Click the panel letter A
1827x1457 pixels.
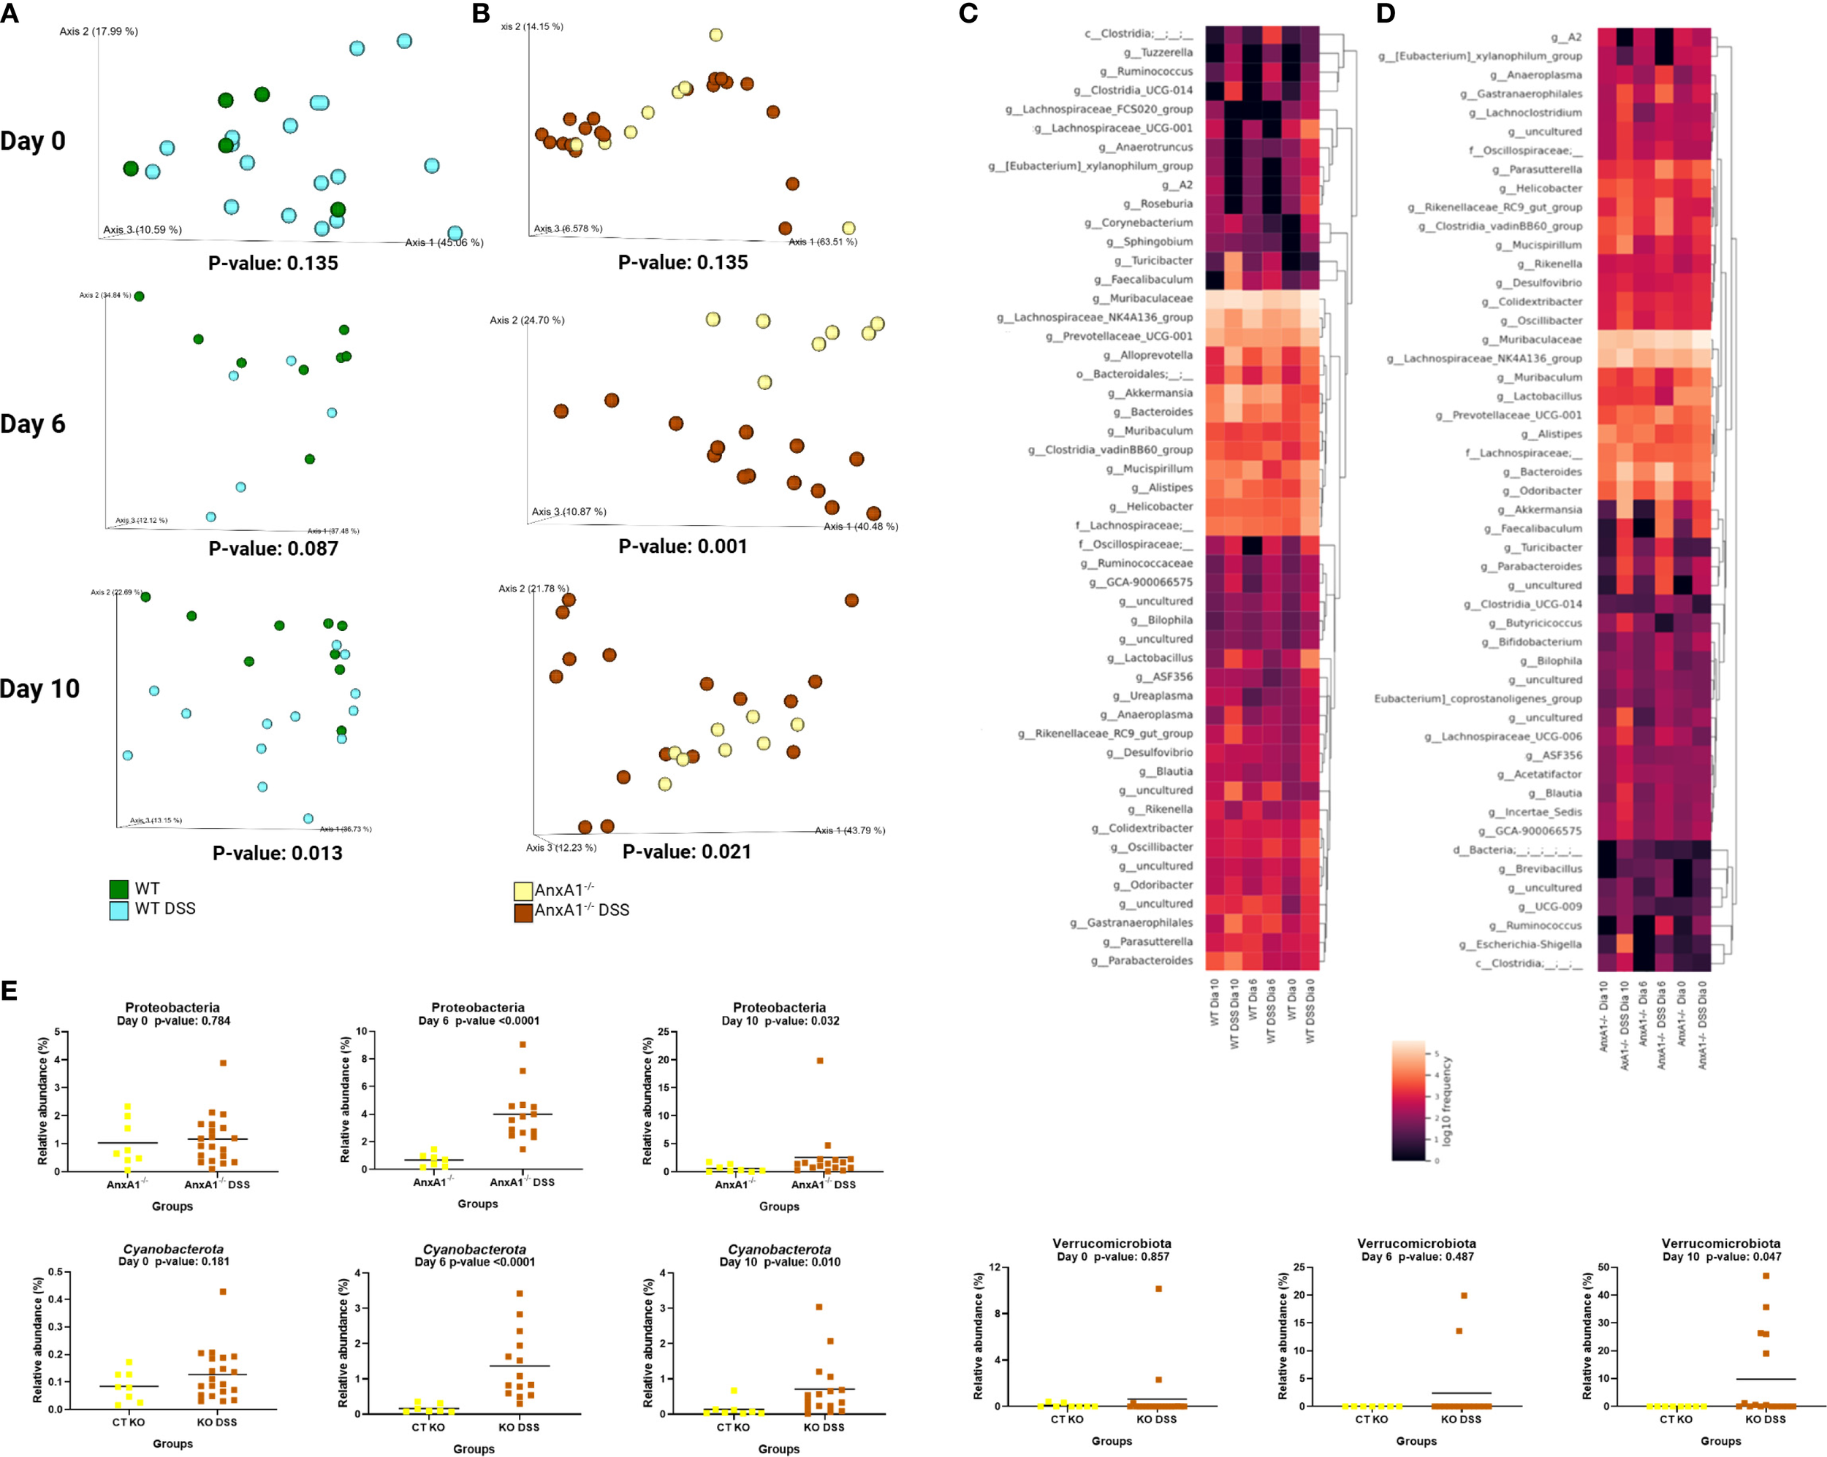[10, 14]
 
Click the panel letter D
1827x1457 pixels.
[1386, 14]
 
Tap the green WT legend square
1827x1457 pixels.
[118, 889]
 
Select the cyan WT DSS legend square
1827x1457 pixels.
[118, 910]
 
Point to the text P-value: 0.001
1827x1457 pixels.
[683, 546]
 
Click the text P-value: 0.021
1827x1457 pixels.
[687, 852]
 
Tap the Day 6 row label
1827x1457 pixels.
[33, 424]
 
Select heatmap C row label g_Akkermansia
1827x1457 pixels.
[1150, 393]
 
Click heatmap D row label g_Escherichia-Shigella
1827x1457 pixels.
[1520, 944]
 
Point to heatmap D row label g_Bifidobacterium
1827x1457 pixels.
[1532, 642]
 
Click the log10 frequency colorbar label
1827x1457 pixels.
[1448, 1101]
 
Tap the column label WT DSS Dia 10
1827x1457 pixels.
[1234, 1013]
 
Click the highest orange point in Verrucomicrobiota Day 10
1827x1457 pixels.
[1766, 1276]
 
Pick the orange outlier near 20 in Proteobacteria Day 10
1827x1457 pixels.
[819, 1060]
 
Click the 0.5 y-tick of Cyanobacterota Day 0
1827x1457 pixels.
[55, 1271]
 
